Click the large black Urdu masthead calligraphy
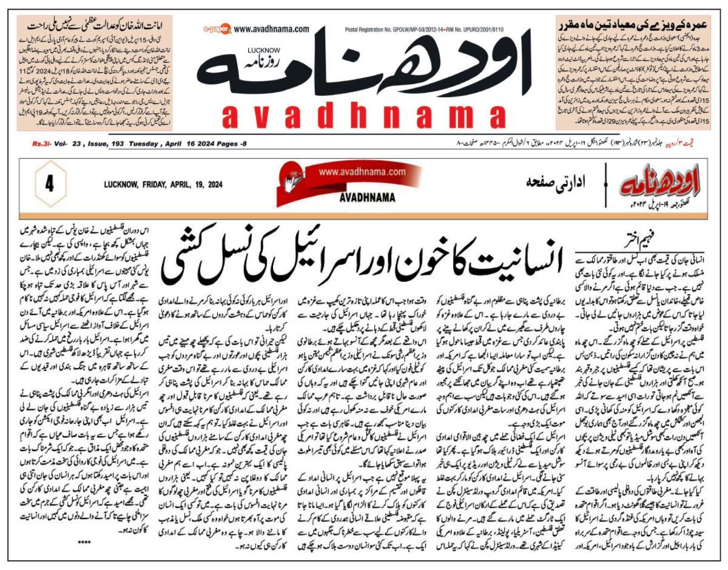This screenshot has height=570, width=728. pyautogui.click(x=388, y=73)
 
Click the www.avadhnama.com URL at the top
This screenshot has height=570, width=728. pyautogui.click(x=271, y=29)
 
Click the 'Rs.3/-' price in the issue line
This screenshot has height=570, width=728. pyautogui.click(x=41, y=144)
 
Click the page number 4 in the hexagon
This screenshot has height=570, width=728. pyautogui.click(x=47, y=184)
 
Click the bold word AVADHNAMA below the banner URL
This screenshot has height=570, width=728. pyautogui.click(x=364, y=198)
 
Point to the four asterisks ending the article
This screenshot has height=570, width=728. pyautogui.click(x=84, y=540)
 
